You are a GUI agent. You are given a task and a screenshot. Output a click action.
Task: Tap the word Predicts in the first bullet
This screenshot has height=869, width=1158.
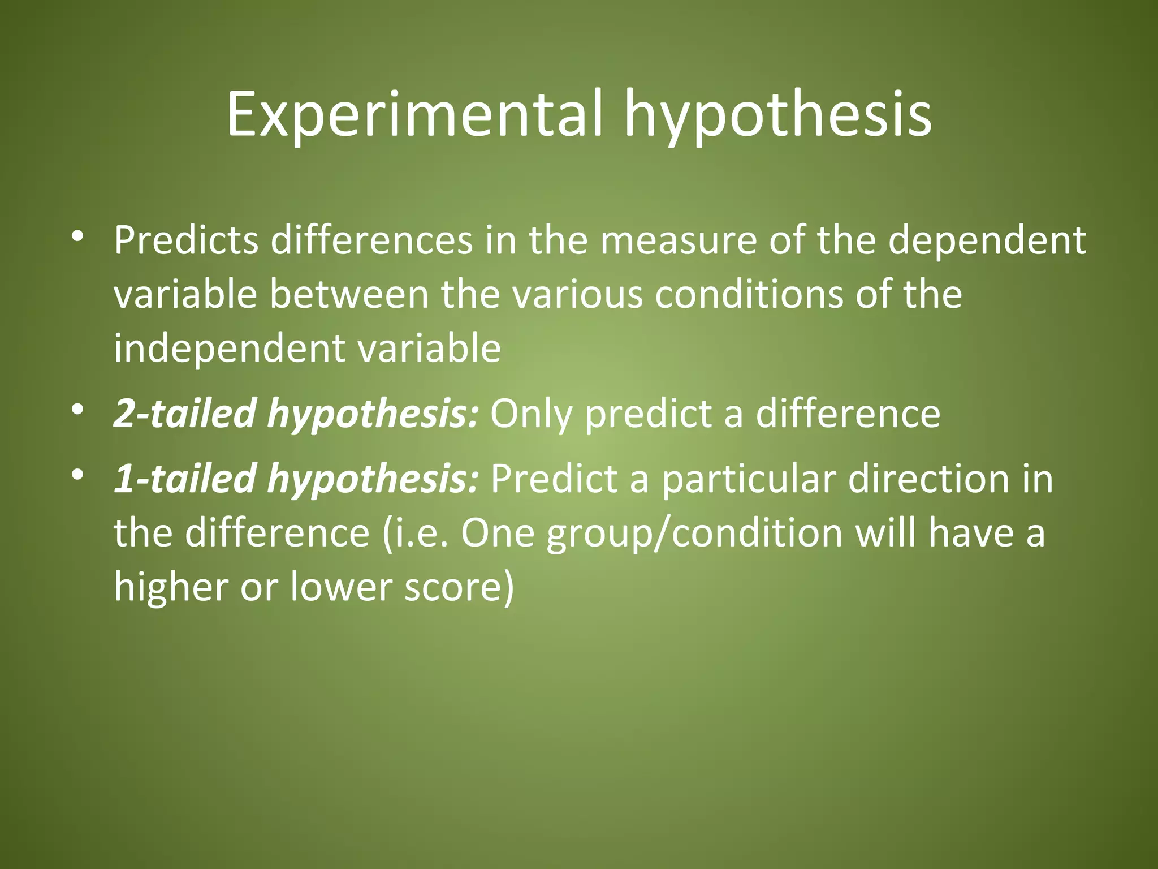click(x=186, y=240)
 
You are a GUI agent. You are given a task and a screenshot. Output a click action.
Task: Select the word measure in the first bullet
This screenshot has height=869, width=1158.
click(x=677, y=240)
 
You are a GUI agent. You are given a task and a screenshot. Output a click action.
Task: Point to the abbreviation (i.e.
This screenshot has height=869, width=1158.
click(x=416, y=533)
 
